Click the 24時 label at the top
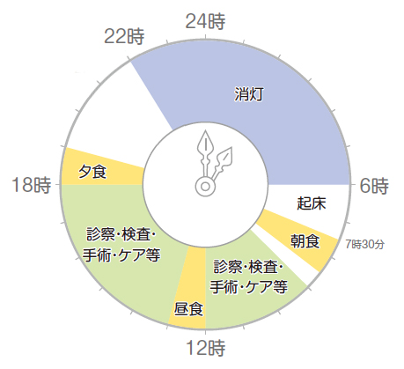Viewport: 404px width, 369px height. click(205, 21)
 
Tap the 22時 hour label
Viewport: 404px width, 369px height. click(124, 36)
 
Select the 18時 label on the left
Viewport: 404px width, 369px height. click(31, 185)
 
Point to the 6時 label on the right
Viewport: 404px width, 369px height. click(374, 186)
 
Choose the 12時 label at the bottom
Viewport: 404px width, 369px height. click(205, 348)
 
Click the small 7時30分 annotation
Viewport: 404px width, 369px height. click(364, 244)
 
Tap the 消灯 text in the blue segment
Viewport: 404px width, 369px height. click(248, 94)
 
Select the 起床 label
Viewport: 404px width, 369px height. click(312, 203)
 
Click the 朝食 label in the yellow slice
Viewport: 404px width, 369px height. click(305, 241)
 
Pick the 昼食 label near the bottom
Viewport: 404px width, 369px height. click(188, 309)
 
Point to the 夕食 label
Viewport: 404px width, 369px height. click(92, 172)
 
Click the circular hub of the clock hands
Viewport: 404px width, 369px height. click(205, 187)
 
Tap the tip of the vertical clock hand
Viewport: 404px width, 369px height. click(206, 130)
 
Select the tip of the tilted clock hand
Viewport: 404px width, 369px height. click(231, 147)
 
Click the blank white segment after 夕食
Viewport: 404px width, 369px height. click(117, 112)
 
